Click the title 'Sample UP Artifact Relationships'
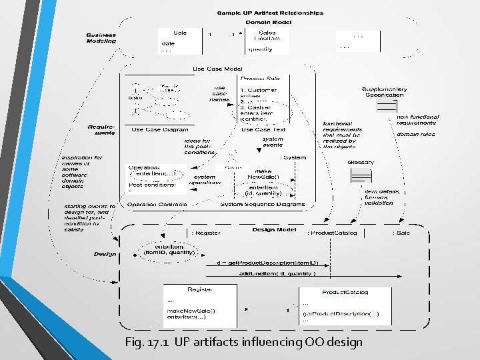(271, 13)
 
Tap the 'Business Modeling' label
(101, 38)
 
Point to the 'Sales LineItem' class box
(267, 40)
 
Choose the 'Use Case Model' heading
(217, 69)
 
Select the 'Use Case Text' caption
(263, 130)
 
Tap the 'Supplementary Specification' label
(384, 91)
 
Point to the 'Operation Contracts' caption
(157, 204)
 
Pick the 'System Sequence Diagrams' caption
(263, 204)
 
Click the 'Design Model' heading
(273, 229)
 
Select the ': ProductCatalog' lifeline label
(332, 233)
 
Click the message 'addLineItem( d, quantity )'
(277, 273)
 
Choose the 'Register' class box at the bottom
(200, 303)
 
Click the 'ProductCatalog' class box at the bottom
(345, 305)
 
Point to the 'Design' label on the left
(105, 254)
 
